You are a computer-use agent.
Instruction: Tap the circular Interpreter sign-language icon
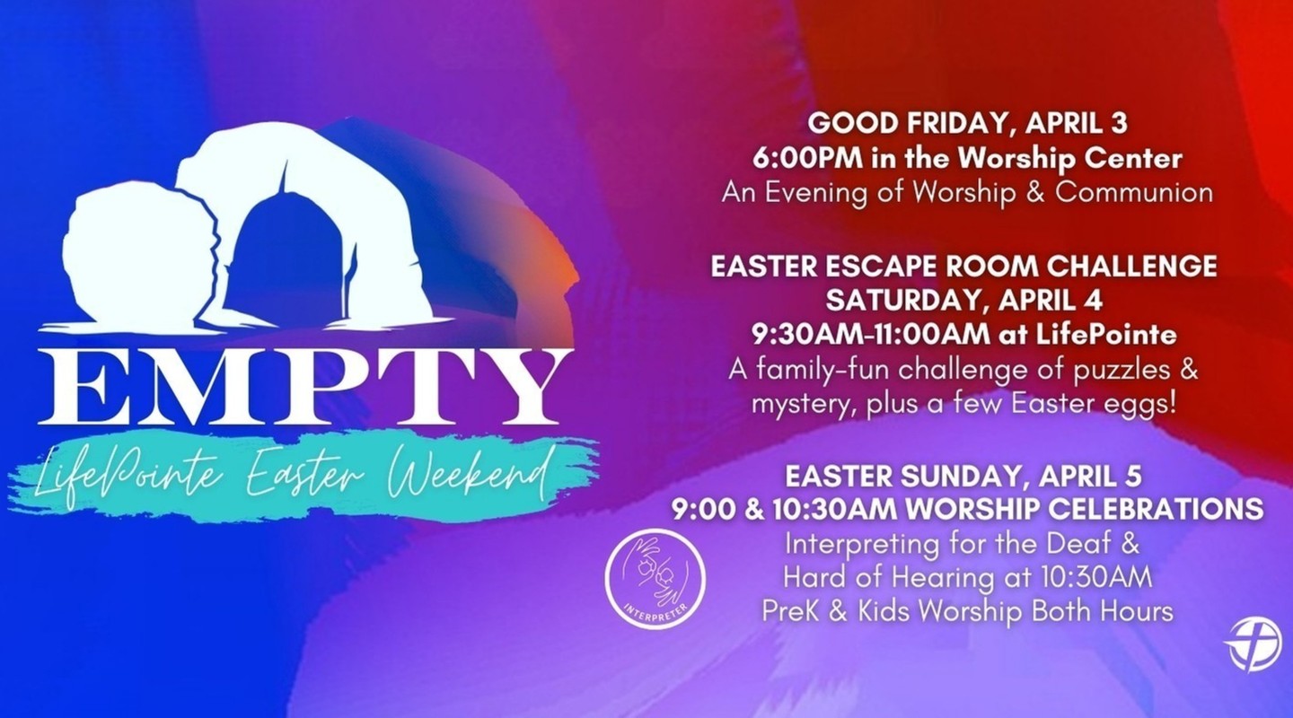click(x=655, y=578)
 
